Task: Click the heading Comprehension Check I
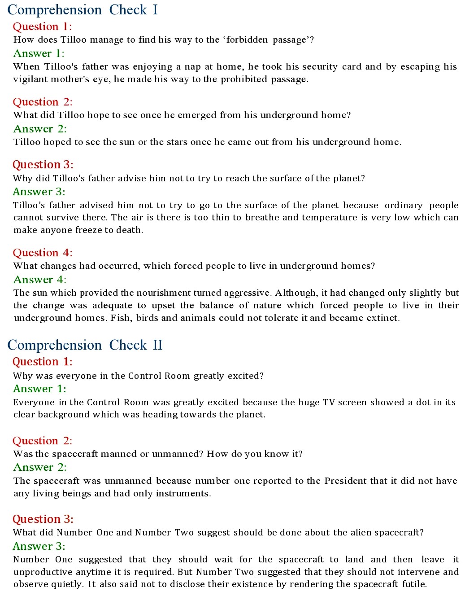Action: [83, 10]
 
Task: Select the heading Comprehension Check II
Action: [85, 345]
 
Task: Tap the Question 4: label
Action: [43, 253]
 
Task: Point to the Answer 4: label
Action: [40, 280]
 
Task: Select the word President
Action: [348, 481]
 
